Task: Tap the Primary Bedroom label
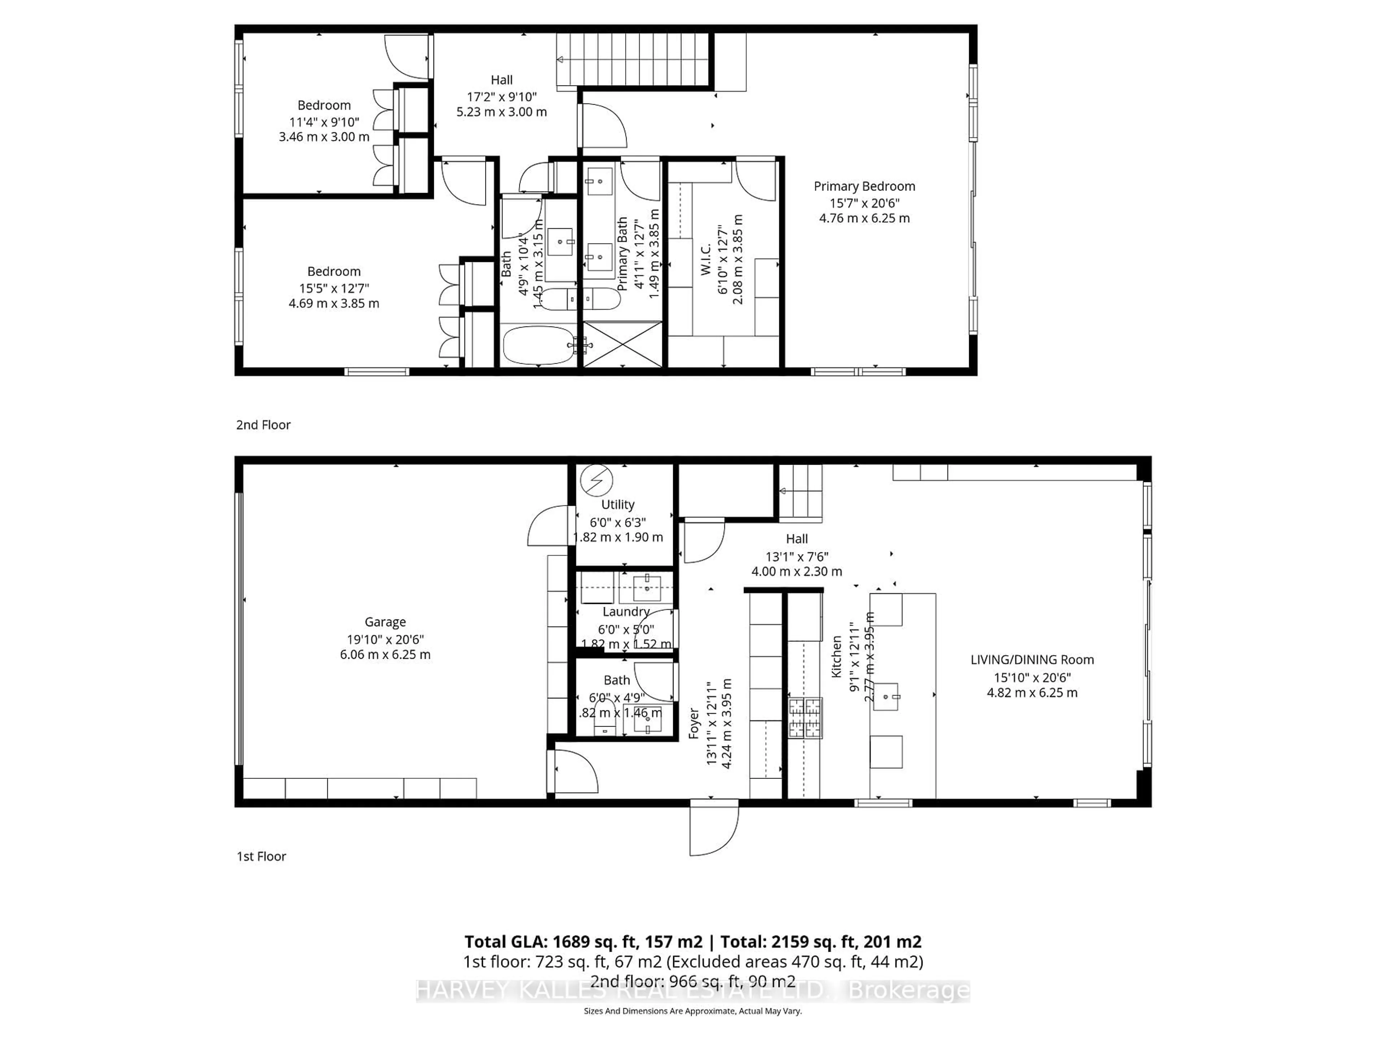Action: click(x=864, y=186)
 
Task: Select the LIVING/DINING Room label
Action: click(x=1032, y=659)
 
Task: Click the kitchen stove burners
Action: click(x=805, y=718)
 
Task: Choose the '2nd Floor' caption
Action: click(x=263, y=425)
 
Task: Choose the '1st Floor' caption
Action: click(x=261, y=856)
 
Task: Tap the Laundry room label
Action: click(x=626, y=611)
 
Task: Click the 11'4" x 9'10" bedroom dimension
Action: click(x=324, y=122)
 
